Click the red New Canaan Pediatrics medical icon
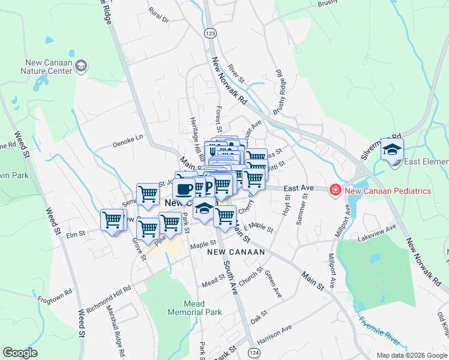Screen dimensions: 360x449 coord(334,191)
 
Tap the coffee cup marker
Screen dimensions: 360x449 coord(184,189)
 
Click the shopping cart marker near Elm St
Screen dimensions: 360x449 coord(112,220)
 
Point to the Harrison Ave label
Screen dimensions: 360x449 coord(274,336)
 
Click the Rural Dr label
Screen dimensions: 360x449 coord(158,16)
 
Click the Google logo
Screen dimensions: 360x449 coord(20,353)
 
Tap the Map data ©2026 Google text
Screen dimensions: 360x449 coord(411,355)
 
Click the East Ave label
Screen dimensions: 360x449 coord(299,188)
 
